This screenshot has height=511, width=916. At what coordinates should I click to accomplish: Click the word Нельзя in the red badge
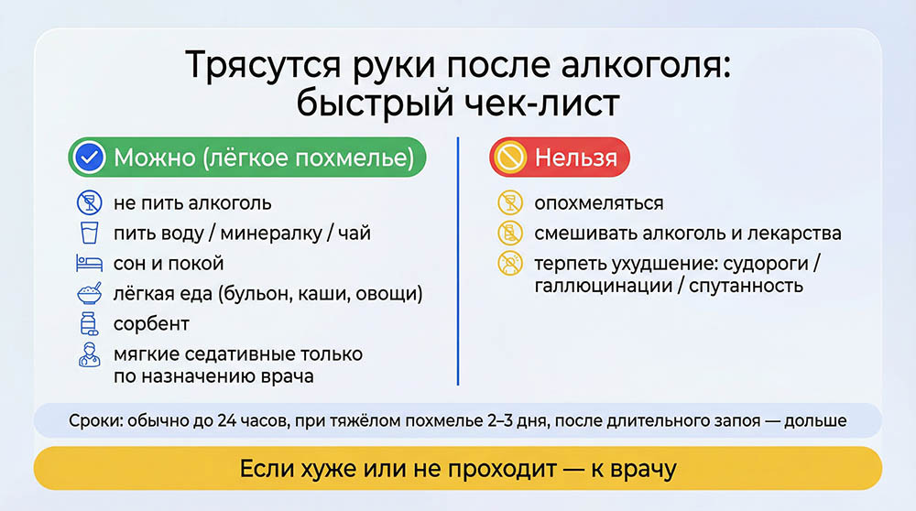[x=575, y=158]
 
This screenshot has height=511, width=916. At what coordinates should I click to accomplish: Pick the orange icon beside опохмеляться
[x=507, y=202]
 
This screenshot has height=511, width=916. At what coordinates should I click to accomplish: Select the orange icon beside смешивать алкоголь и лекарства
[x=507, y=233]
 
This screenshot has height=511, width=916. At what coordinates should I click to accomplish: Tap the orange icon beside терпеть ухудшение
[x=507, y=264]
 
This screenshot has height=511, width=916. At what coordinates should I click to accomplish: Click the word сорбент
[x=151, y=324]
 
